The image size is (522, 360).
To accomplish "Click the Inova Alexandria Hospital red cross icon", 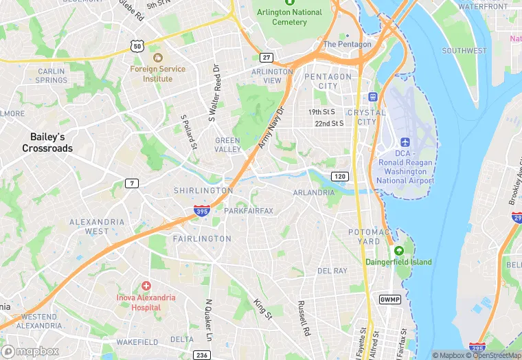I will pos(146,285).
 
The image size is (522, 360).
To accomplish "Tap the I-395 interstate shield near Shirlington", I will pos(202,212).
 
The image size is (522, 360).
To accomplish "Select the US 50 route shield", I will pos(137,46).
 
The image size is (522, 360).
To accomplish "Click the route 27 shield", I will pos(266,57).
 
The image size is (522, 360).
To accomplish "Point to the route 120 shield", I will pos(339,177).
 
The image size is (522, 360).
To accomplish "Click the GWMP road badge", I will pos(389,300).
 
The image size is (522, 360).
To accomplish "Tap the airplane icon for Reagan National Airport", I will pos(405,142).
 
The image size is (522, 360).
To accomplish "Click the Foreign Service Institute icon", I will pos(157,57).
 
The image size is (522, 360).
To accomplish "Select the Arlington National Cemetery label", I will pos(289,17).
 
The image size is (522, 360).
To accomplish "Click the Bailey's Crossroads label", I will pos(47,143).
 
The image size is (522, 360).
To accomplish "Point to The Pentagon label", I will pos(347,45).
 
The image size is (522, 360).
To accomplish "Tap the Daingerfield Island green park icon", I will pos(399,250).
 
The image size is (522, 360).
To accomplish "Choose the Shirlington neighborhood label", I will pos(203,190).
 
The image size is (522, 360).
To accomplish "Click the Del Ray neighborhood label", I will pos(332,271).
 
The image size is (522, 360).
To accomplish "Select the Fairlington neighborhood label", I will pos(202,238).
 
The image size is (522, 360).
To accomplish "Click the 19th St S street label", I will pos(321,111).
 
